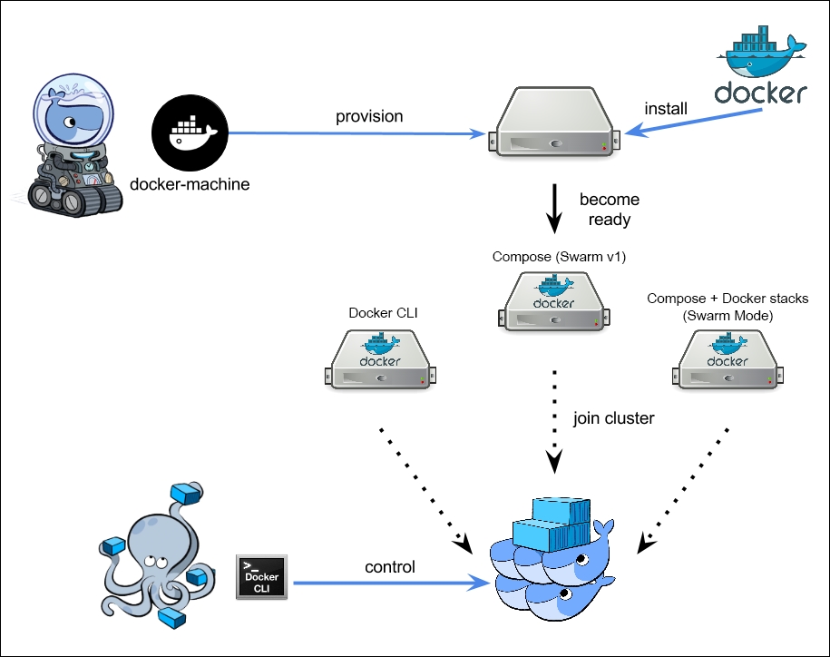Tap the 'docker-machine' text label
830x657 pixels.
[x=190, y=185]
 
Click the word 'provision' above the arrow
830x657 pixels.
[x=369, y=116]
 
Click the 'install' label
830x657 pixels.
[x=665, y=109]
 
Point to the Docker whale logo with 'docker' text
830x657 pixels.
[x=760, y=69]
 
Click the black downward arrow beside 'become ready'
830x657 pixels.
[x=554, y=210]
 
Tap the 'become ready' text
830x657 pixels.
[x=609, y=210]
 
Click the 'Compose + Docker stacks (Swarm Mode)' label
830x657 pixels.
[x=727, y=306]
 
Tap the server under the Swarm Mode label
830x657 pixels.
[x=727, y=359]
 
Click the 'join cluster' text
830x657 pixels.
[x=612, y=419]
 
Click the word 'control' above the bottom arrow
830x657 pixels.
[x=390, y=567]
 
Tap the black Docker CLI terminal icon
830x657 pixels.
[x=262, y=577]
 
